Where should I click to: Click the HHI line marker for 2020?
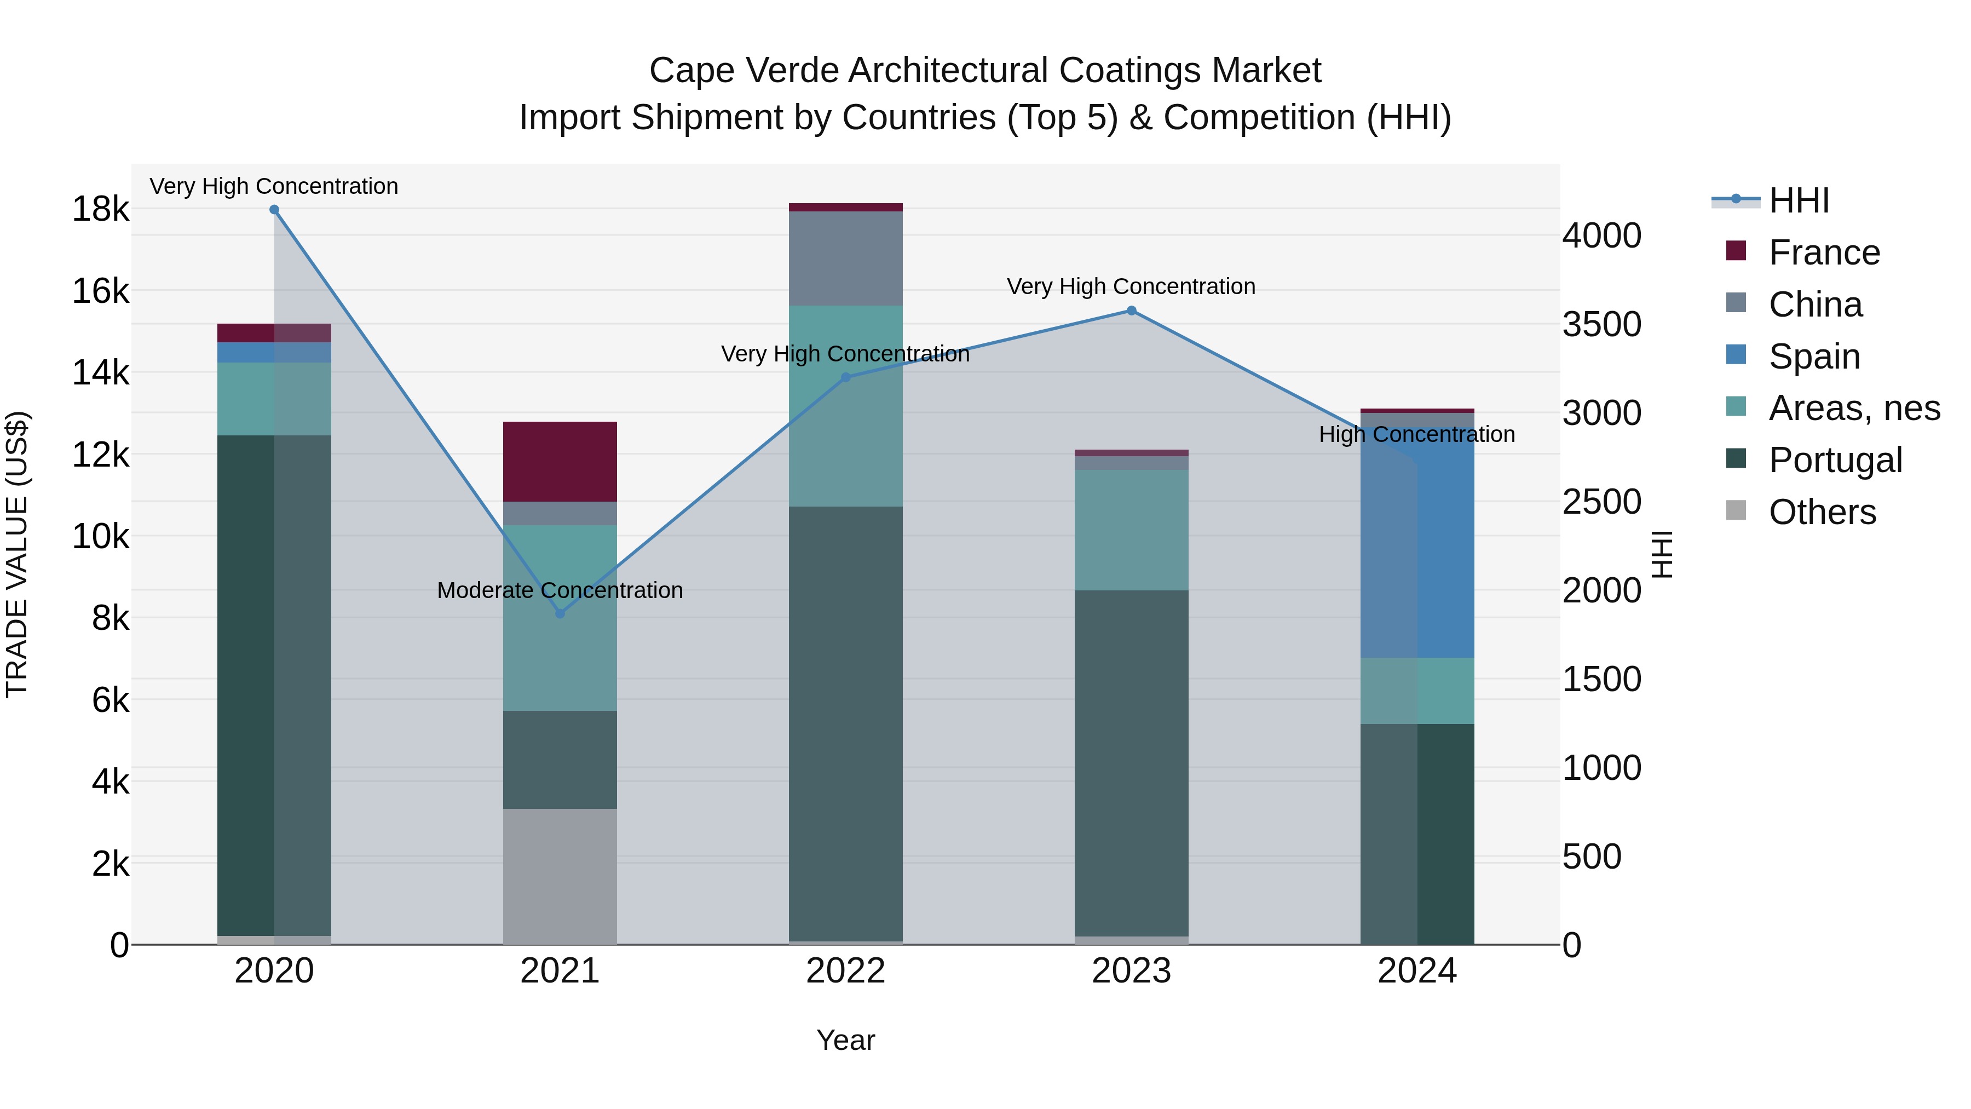tap(274, 210)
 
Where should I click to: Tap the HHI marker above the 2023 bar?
tap(1132, 311)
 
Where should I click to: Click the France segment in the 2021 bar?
tap(560, 462)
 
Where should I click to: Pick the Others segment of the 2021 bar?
tap(560, 876)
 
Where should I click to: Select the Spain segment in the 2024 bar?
tap(1417, 536)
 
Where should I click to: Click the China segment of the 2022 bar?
tap(845, 258)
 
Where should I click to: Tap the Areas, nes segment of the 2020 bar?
tap(274, 399)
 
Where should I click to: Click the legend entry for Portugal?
tap(1835, 460)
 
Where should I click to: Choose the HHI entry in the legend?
tap(1798, 200)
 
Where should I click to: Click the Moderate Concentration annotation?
tap(560, 590)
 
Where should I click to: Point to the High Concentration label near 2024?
tap(1416, 434)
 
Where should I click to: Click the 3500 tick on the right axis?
tap(1601, 324)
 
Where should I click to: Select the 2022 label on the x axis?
tap(845, 970)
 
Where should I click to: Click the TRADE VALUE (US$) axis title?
tap(17, 554)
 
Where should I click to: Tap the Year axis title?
tap(845, 1040)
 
